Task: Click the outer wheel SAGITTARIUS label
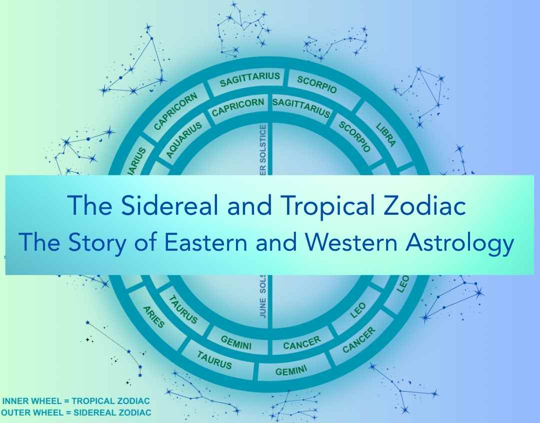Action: point(250,79)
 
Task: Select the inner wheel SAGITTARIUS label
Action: point(301,107)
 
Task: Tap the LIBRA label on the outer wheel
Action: point(386,132)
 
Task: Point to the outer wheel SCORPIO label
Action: point(317,84)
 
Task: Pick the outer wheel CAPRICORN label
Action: point(175,111)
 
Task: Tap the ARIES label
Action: point(153,317)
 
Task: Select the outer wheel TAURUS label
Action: point(214,360)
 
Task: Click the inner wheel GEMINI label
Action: point(236,342)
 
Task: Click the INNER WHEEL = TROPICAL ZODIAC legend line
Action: point(76,401)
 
